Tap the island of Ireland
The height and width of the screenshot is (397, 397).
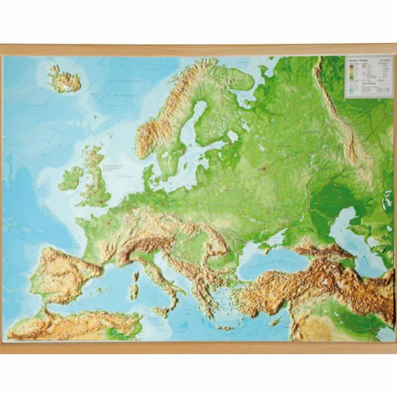click(x=70, y=178)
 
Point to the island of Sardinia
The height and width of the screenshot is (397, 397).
click(x=134, y=291)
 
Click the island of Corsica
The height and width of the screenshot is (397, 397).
click(x=136, y=276)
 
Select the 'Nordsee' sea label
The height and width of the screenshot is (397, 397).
click(x=122, y=176)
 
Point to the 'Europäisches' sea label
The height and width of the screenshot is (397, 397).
click(x=125, y=80)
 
